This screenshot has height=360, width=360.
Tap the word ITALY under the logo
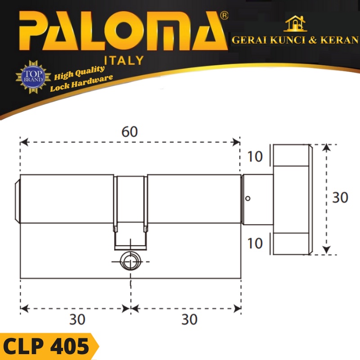[x=124, y=60]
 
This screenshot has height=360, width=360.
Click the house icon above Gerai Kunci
[x=295, y=24]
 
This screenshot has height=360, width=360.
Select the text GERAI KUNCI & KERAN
[x=295, y=40]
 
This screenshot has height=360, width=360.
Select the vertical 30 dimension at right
[x=340, y=198]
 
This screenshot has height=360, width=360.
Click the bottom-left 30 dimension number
[x=77, y=319]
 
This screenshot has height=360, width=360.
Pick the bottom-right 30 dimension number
[x=189, y=319]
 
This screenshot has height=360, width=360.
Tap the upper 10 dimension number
[x=255, y=157]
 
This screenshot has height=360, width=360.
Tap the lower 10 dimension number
[x=255, y=243]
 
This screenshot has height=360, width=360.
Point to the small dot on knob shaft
[x=248, y=199]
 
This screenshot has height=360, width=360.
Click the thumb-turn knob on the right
[x=291, y=199]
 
